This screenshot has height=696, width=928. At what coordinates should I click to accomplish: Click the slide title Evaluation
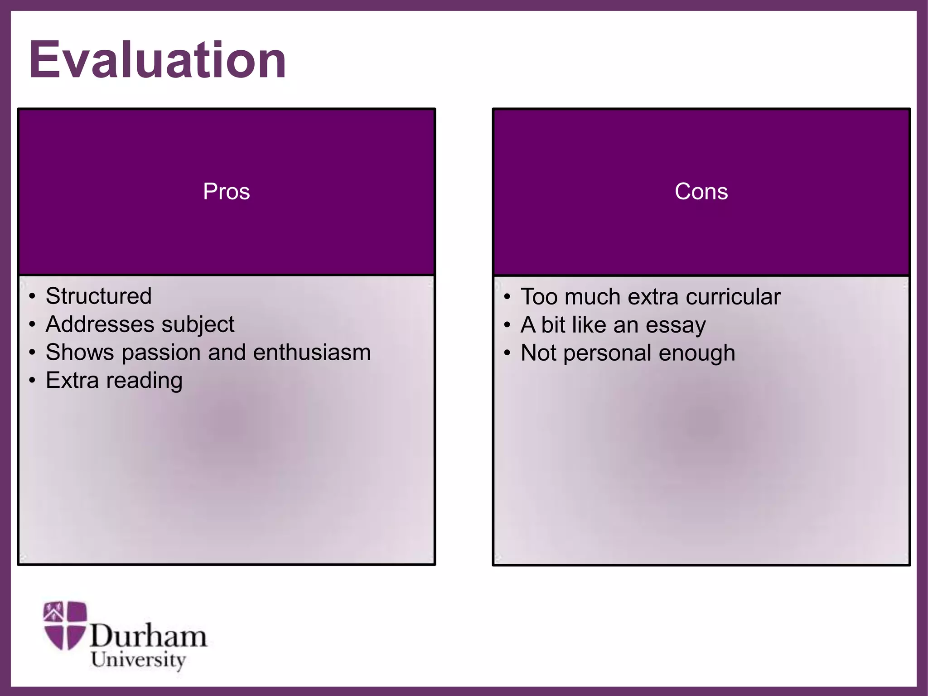pyautogui.click(x=157, y=60)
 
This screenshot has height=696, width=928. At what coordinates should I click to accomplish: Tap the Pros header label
pyautogui.click(x=226, y=191)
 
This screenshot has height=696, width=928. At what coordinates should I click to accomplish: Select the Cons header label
pyautogui.click(x=701, y=191)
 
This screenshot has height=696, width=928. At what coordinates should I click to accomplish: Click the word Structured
pyautogui.click(x=98, y=296)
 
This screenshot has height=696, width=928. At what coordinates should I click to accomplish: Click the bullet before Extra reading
pyautogui.click(x=32, y=381)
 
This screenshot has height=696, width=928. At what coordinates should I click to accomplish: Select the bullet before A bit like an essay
pyautogui.click(x=507, y=325)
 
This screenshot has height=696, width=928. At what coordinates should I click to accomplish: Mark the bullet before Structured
pyautogui.click(x=32, y=297)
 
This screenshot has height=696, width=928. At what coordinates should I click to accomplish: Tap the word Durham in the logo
pyautogui.click(x=148, y=636)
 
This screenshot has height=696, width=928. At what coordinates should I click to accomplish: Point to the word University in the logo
pyautogui.click(x=138, y=660)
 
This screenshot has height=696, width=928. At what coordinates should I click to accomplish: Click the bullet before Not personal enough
pyautogui.click(x=507, y=353)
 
